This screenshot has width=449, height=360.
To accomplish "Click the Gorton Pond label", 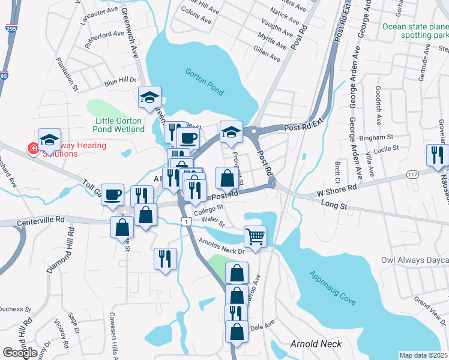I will pyautogui.click(x=205, y=82).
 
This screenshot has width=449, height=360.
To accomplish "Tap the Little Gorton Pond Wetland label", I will pyautogui.click(x=120, y=124).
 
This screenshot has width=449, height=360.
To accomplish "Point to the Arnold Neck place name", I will pyautogui.click(x=316, y=344).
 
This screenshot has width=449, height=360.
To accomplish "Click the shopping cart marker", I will pyautogui.click(x=255, y=236).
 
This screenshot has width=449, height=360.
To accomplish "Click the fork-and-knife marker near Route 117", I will pyautogui.click(x=436, y=155).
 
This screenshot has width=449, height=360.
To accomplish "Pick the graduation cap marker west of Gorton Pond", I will pyautogui.click(x=149, y=97).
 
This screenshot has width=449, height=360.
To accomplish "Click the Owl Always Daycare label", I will pyautogui.click(x=415, y=260).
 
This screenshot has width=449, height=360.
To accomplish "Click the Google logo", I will pyautogui.click(x=20, y=352).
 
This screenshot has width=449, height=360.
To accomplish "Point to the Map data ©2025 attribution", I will pyautogui.click(x=423, y=355).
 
